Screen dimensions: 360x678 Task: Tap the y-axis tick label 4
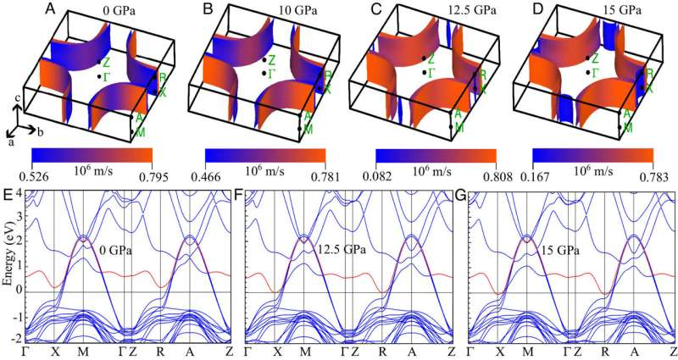[18, 197]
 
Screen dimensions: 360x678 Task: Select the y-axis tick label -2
[14, 337]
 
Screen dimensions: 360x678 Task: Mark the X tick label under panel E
[53, 351]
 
